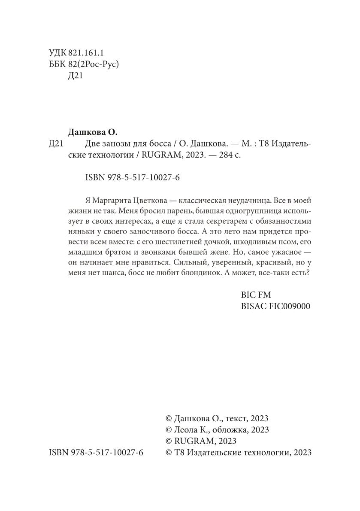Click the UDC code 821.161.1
[86, 53]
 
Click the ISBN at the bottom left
[97, 453]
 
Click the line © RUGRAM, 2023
[201, 441]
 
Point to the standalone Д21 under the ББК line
[76, 77]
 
